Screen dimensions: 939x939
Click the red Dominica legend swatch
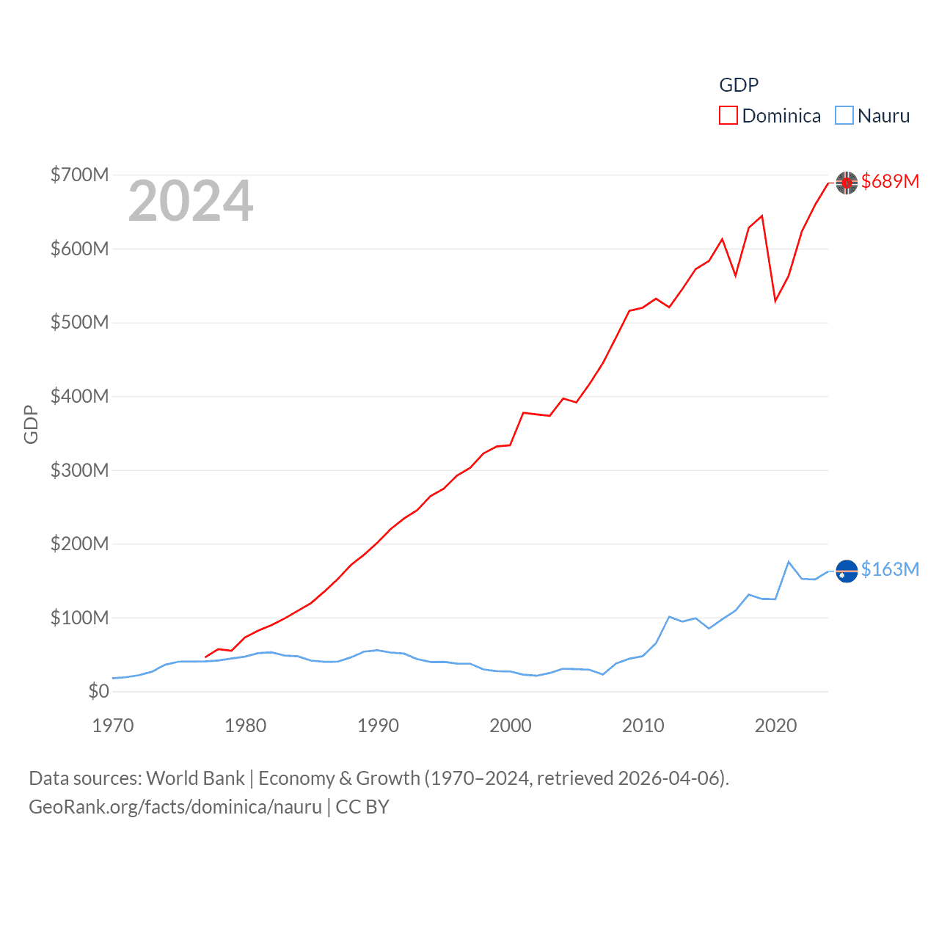pos(728,116)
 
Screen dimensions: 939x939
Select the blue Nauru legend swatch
pos(844,116)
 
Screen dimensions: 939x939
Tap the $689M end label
pos(890,181)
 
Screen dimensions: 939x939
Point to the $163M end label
pos(890,569)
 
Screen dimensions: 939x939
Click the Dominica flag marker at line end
pos(847,183)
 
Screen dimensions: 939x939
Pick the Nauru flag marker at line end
pos(847,571)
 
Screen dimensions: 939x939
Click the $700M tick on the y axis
pos(79,175)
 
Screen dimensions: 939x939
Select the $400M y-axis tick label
pos(79,396)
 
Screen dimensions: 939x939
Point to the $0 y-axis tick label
pos(98,691)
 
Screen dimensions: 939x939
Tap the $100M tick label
pos(79,618)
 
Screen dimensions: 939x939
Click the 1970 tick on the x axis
pos(113,726)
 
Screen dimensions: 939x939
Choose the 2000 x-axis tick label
pos(511,726)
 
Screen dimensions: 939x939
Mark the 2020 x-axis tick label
pos(775,726)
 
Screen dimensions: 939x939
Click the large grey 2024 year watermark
pos(191,201)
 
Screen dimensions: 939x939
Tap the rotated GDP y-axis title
pos(31,424)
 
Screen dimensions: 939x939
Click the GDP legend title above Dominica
pos(739,85)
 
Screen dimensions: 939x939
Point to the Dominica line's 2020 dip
pos(775,301)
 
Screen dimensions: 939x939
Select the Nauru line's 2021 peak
pos(789,562)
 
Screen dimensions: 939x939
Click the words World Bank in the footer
pos(195,778)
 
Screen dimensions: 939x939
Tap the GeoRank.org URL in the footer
pos(175,807)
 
